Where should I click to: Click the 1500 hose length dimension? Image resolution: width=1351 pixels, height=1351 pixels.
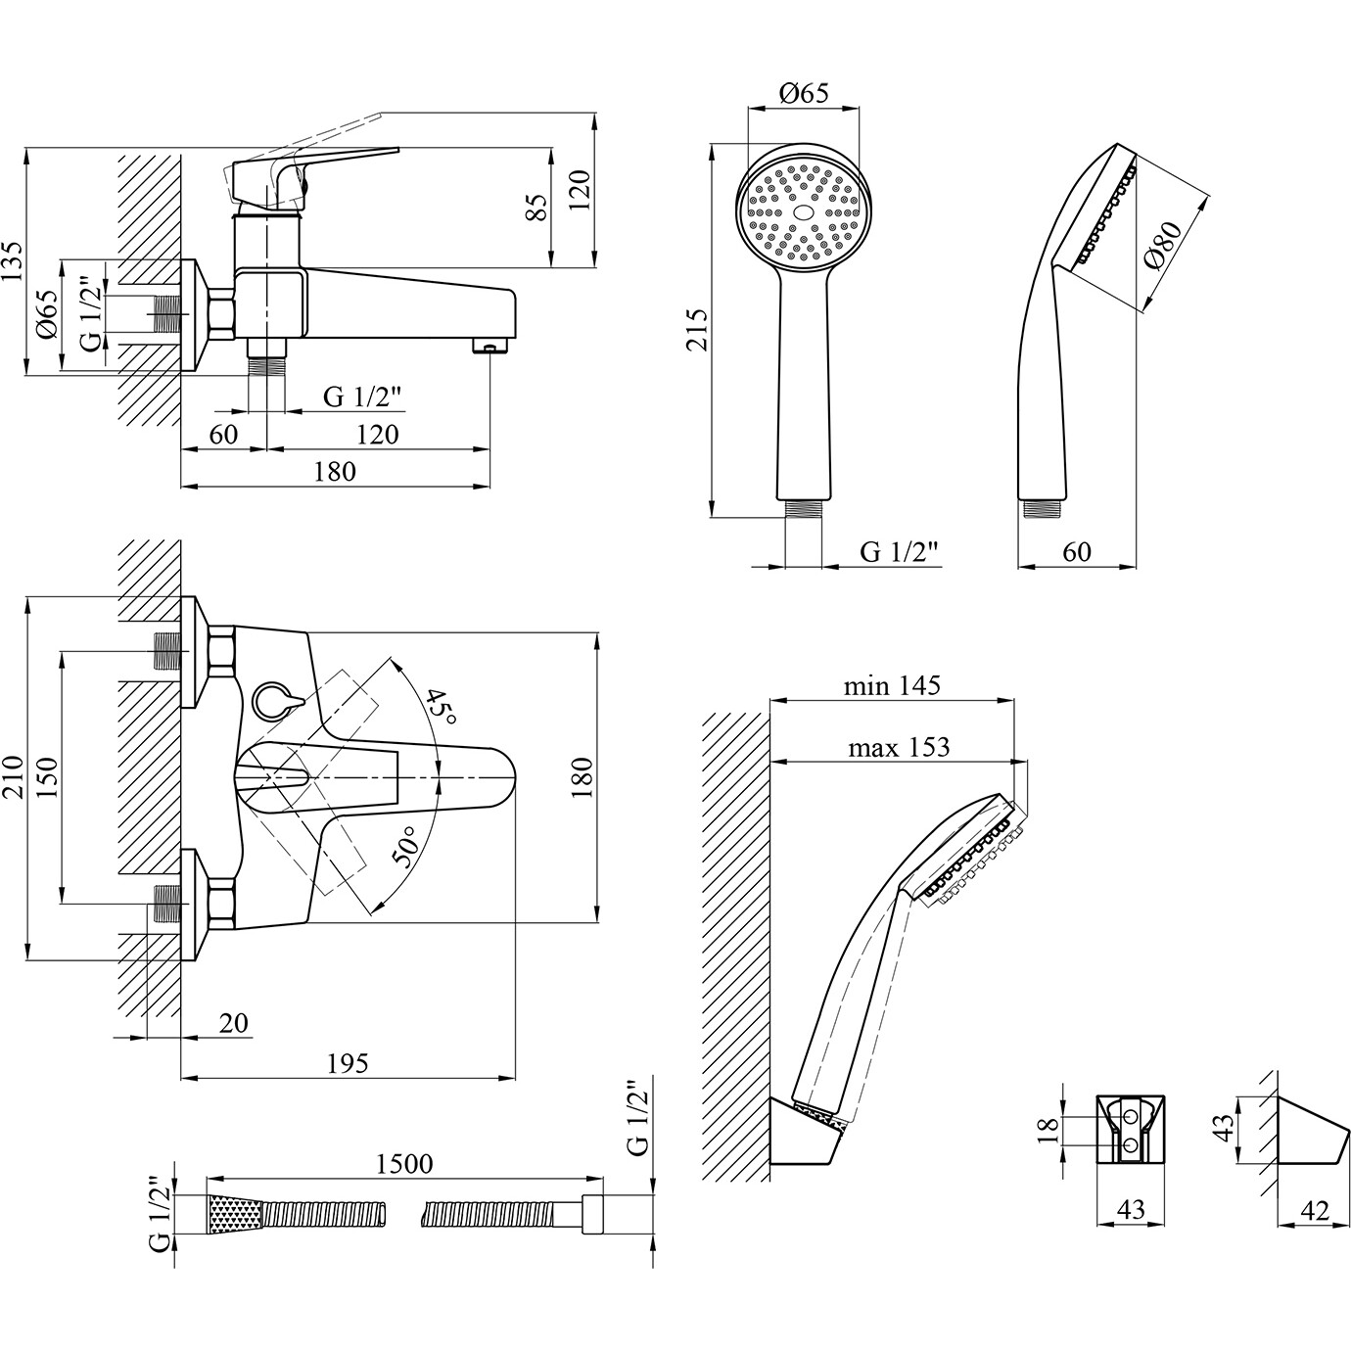[404, 1164]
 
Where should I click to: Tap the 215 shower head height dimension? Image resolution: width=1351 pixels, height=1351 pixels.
[696, 329]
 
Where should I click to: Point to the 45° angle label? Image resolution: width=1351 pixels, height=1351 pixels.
[441, 705]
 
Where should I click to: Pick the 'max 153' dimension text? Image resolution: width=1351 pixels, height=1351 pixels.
[898, 748]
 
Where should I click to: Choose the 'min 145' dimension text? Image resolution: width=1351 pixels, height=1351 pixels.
[891, 686]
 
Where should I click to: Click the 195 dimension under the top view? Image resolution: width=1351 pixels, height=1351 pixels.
[348, 1063]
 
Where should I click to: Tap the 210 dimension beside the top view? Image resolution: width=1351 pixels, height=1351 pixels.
[14, 777]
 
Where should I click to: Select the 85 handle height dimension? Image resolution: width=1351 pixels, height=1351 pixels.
[537, 207]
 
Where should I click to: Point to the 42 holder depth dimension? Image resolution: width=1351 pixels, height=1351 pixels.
[1316, 1212]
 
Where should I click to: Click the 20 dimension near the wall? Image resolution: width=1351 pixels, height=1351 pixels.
[233, 1023]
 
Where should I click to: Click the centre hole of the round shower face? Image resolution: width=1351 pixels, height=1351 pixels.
[803, 211]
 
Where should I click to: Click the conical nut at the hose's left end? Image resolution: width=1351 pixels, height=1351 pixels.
[235, 1214]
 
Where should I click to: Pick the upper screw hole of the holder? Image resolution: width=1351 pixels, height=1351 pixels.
[1131, 1117]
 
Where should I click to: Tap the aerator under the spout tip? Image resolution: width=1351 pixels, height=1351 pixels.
[489, 346]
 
